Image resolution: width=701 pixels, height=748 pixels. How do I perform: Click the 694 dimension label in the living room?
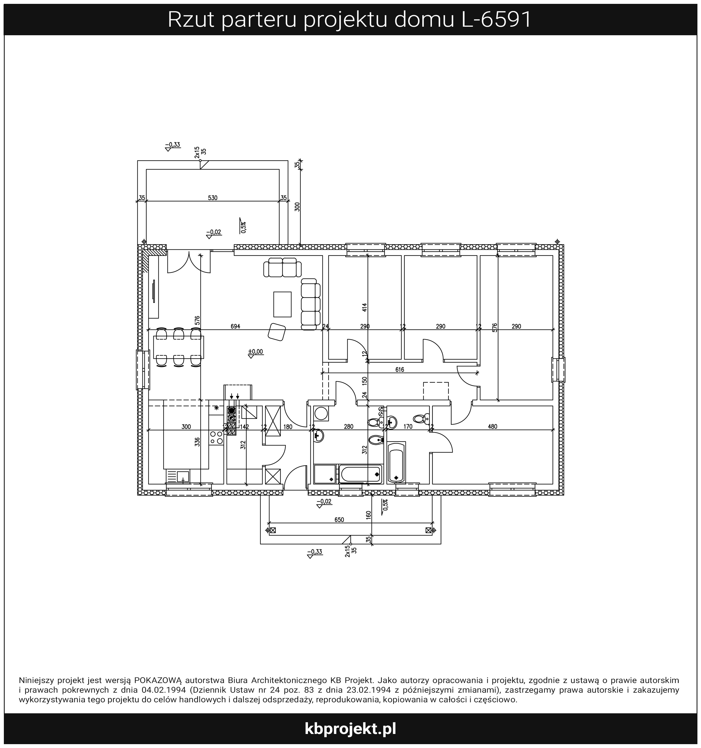pos(235,326)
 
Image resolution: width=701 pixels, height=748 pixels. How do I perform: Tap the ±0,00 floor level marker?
pos(256,352)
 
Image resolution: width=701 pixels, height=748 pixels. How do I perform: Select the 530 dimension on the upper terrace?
pos(213,198)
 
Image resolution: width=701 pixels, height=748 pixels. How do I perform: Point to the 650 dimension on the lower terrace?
pos(339,519)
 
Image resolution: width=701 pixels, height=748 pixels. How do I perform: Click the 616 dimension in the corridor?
pos(400,370)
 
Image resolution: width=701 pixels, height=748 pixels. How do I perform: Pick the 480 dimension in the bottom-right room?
pos(492,427)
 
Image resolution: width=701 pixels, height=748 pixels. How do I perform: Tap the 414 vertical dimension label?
pos(364,308)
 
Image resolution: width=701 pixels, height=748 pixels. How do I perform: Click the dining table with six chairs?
pos(178,347)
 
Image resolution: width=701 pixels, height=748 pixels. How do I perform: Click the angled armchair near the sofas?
pos(277,332)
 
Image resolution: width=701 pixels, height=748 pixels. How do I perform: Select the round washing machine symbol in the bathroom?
pos(321,414)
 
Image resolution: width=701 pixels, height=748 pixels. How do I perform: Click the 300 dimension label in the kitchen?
pos(186,427)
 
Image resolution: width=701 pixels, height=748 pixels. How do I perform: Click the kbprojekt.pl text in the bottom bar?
pos(350,729)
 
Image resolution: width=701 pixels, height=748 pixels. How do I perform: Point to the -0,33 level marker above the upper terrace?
pos(173,145)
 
